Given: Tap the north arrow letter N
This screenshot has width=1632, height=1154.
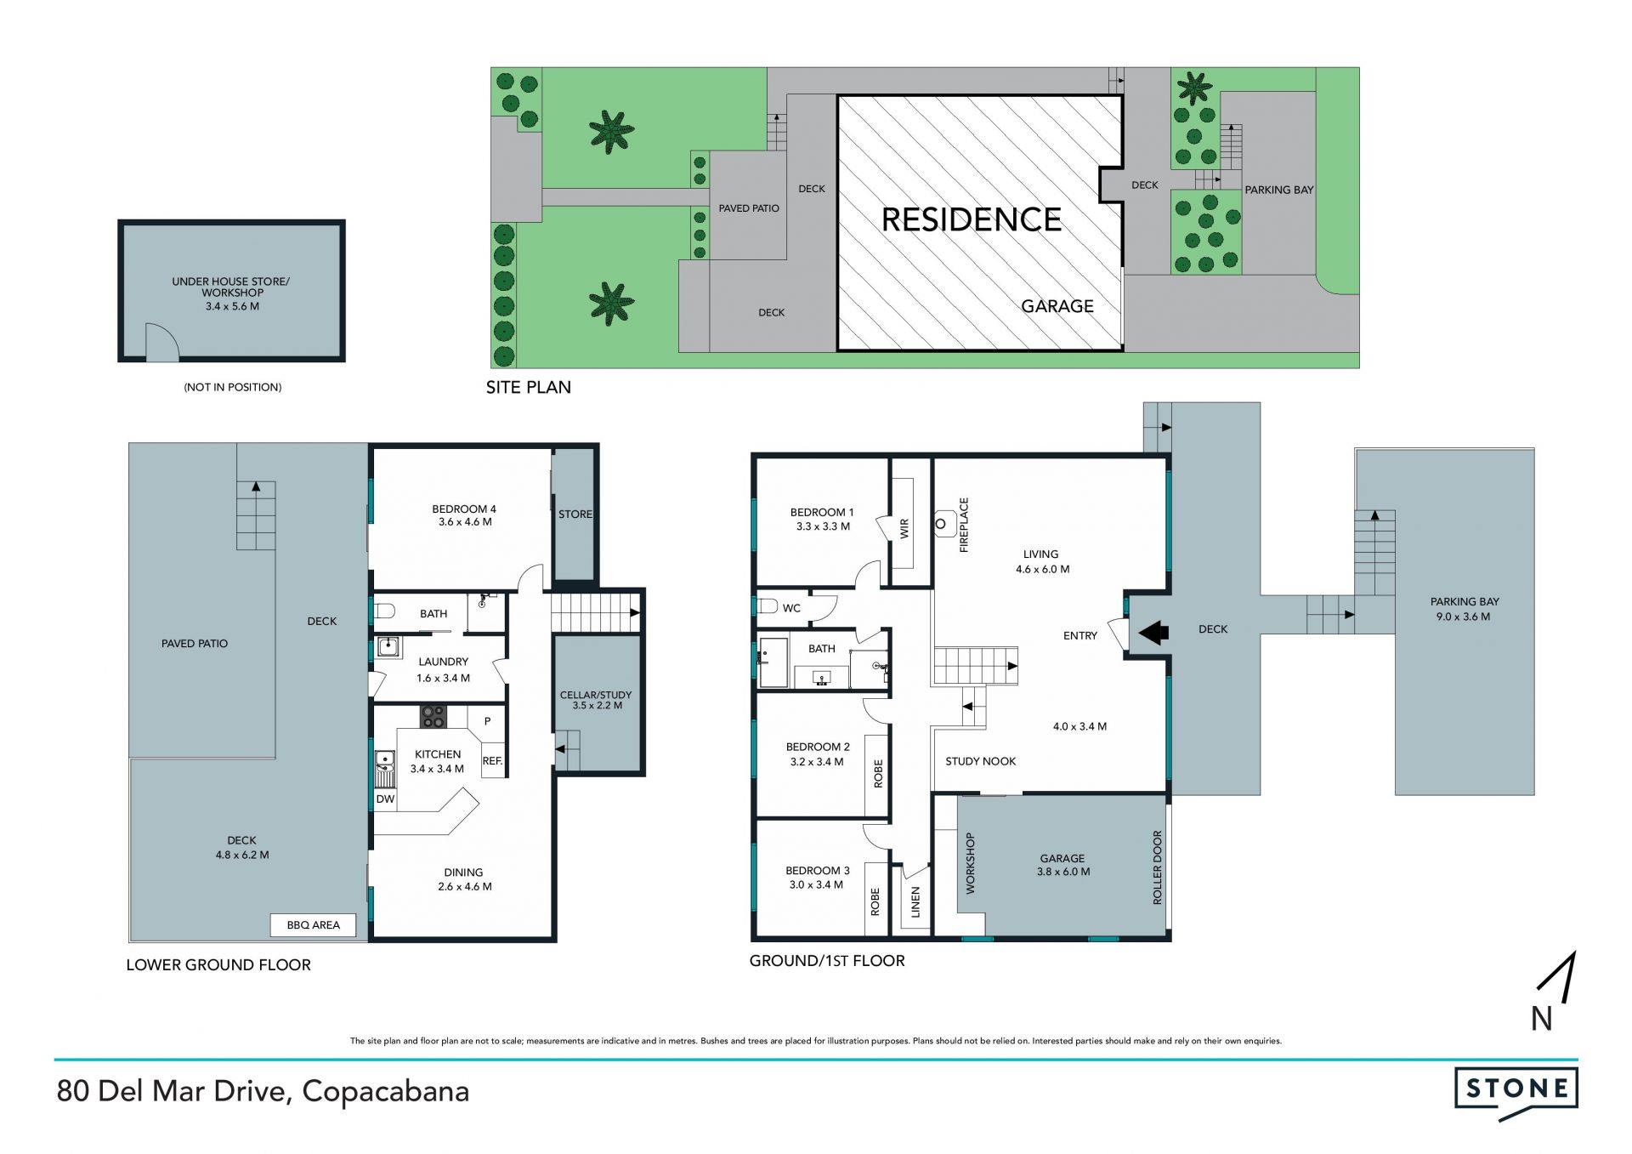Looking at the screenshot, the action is tap(1541, 1019).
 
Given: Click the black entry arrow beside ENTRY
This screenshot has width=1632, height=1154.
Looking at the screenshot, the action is tap(1153, 632).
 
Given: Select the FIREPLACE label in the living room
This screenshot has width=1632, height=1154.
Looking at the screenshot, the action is tap(964, 526).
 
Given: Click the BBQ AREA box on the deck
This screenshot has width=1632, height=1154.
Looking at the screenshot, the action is tap(313, 925).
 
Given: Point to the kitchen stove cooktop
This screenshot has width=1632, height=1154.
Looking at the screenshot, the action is tap(433, 717).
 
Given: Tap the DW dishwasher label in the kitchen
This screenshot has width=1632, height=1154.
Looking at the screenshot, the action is tap(385, 799).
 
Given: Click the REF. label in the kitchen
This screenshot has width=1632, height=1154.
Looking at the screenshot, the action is tap(492, 761).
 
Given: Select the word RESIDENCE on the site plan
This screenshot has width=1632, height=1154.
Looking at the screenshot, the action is tap(972, 220).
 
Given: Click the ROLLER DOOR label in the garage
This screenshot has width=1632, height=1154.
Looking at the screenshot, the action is tap(1157, 867).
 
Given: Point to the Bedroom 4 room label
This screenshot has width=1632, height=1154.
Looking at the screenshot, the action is tap(464, 515).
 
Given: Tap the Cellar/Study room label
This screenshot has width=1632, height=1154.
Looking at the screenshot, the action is tap(596, 700).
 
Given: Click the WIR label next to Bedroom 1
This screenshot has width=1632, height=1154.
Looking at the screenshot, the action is tap(904, 528).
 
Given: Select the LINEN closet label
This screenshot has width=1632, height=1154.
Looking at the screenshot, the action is tap(915, 902).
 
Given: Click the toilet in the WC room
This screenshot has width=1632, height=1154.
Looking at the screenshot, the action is tap(768, 606).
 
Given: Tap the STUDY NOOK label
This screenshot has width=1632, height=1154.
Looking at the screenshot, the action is tap(981, 761).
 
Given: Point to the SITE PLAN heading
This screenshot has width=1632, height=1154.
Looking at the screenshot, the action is tap(529, 387).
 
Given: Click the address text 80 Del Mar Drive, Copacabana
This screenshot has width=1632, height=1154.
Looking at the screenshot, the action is tap(263, 1091).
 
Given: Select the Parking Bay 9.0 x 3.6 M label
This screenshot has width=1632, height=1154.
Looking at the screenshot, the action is tap(1465, 609).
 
